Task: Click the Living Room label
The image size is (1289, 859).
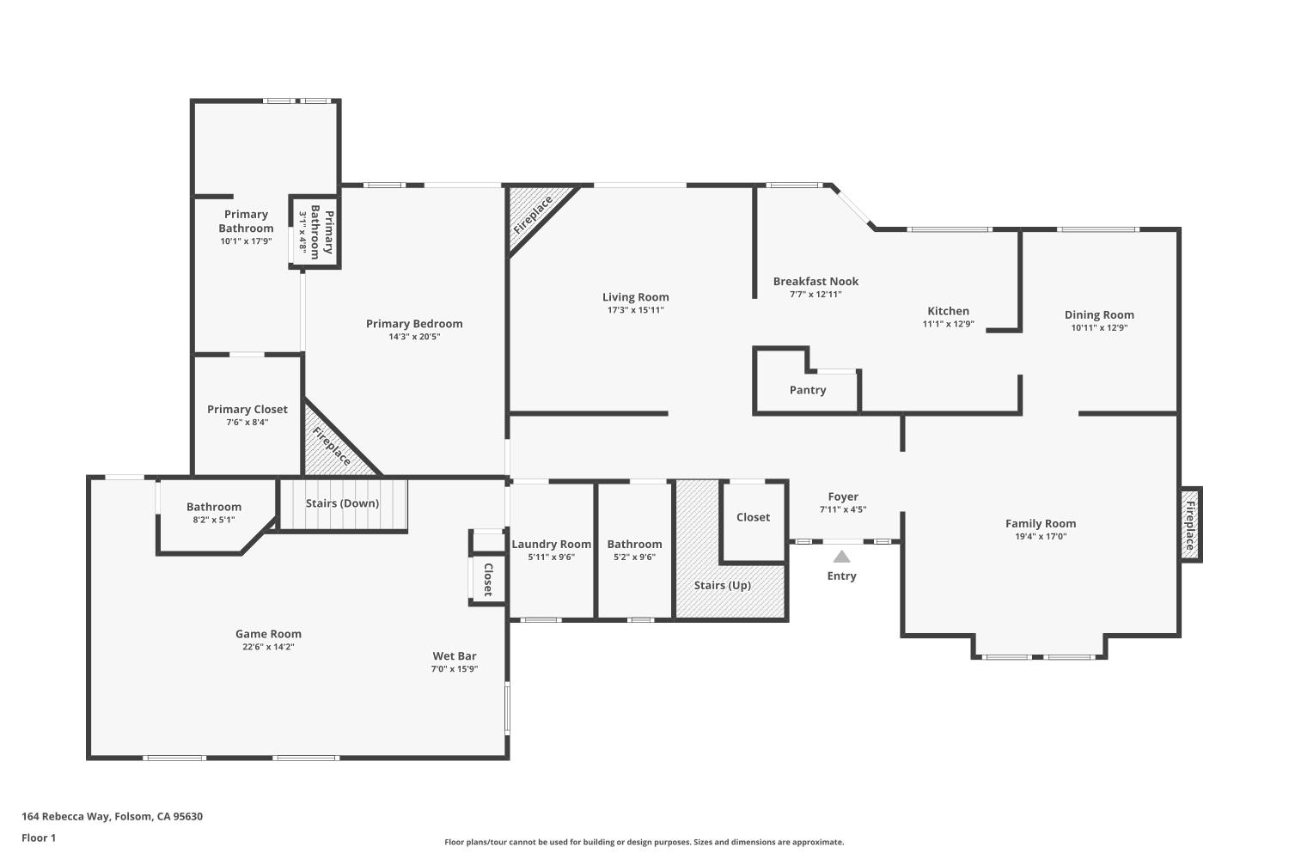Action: point(635,297)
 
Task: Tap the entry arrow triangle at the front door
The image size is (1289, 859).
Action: point(841,557)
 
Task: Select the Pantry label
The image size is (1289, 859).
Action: point(808,390)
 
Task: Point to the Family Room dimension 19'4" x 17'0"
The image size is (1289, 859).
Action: point(1041,537)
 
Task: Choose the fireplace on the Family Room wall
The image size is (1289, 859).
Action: point(1190,525)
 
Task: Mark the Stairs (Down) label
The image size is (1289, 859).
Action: point(342,503)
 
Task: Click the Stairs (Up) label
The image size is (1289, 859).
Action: point(723,586)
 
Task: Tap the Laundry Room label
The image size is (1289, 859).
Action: point(551,544)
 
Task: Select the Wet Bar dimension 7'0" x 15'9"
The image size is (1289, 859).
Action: point(455,669)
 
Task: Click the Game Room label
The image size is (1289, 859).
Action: point(268,634)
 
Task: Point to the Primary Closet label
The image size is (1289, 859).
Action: point(247,410)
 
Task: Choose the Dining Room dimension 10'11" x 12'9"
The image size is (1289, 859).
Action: point(1099,328)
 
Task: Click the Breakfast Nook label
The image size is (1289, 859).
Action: point(816,281)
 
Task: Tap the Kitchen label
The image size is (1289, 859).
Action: point(948,311)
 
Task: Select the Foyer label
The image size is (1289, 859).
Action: point(843,497)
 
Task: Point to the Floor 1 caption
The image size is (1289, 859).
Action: point(39,838)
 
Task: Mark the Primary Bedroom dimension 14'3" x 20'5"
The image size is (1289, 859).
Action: point(414,337)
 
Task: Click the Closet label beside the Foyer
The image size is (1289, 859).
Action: point(753,517)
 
